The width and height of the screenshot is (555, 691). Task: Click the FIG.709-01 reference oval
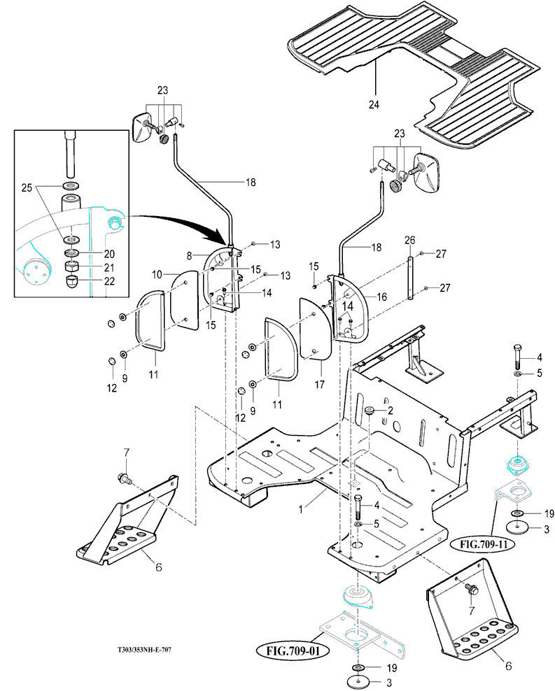(293, 651)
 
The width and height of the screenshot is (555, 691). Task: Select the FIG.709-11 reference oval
(483, 544)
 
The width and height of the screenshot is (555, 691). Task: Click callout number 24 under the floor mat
(374, 104)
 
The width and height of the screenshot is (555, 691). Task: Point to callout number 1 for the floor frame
(301, 509)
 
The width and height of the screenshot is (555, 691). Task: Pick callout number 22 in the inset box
(109, 280)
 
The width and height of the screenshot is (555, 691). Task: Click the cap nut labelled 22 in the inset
(72, 282)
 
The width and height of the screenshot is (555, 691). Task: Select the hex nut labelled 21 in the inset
(72, 266)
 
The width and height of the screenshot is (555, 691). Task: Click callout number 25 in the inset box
(27, 187)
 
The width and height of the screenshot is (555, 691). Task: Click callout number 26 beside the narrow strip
(409, 240)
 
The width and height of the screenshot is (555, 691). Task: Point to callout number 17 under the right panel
(319, 385)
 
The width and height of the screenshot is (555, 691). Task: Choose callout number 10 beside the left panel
(157, 275)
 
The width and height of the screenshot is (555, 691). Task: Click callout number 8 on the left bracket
(190, 255)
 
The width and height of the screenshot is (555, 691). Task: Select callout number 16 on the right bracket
(381, 297)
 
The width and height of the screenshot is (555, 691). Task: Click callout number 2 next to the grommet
(390, 411)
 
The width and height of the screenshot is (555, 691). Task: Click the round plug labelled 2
(370, 411)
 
